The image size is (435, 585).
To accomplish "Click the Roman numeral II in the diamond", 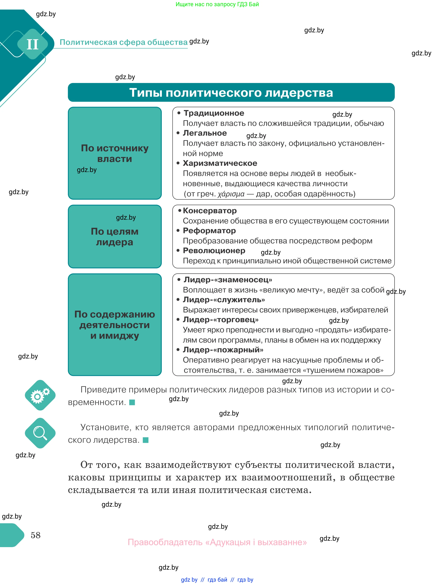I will tap(33, 44).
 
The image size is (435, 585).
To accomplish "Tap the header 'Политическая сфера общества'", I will tap(123, 42).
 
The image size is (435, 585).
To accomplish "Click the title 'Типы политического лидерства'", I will tap(231, 93).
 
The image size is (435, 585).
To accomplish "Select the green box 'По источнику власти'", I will tap(115, 153).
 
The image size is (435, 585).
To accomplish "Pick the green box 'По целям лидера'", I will tap(115, 237).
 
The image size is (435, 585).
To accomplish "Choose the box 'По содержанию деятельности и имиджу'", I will tap(115, 325).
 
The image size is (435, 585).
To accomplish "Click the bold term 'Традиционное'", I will tap(214, 113).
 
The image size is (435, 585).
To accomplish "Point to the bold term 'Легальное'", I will tap(205, 133).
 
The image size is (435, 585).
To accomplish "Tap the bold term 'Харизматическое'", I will tap(220, 163).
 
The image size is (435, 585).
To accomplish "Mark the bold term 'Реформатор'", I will tap(209, 231).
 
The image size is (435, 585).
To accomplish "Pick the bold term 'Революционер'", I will tap(214, 251).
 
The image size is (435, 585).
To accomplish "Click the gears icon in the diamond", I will tap(40, 395).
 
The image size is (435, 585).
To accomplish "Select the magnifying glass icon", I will tap(40, 433).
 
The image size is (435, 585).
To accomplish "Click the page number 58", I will tap(36, 535).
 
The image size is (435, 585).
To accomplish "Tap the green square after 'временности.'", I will tap(132, 402).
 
